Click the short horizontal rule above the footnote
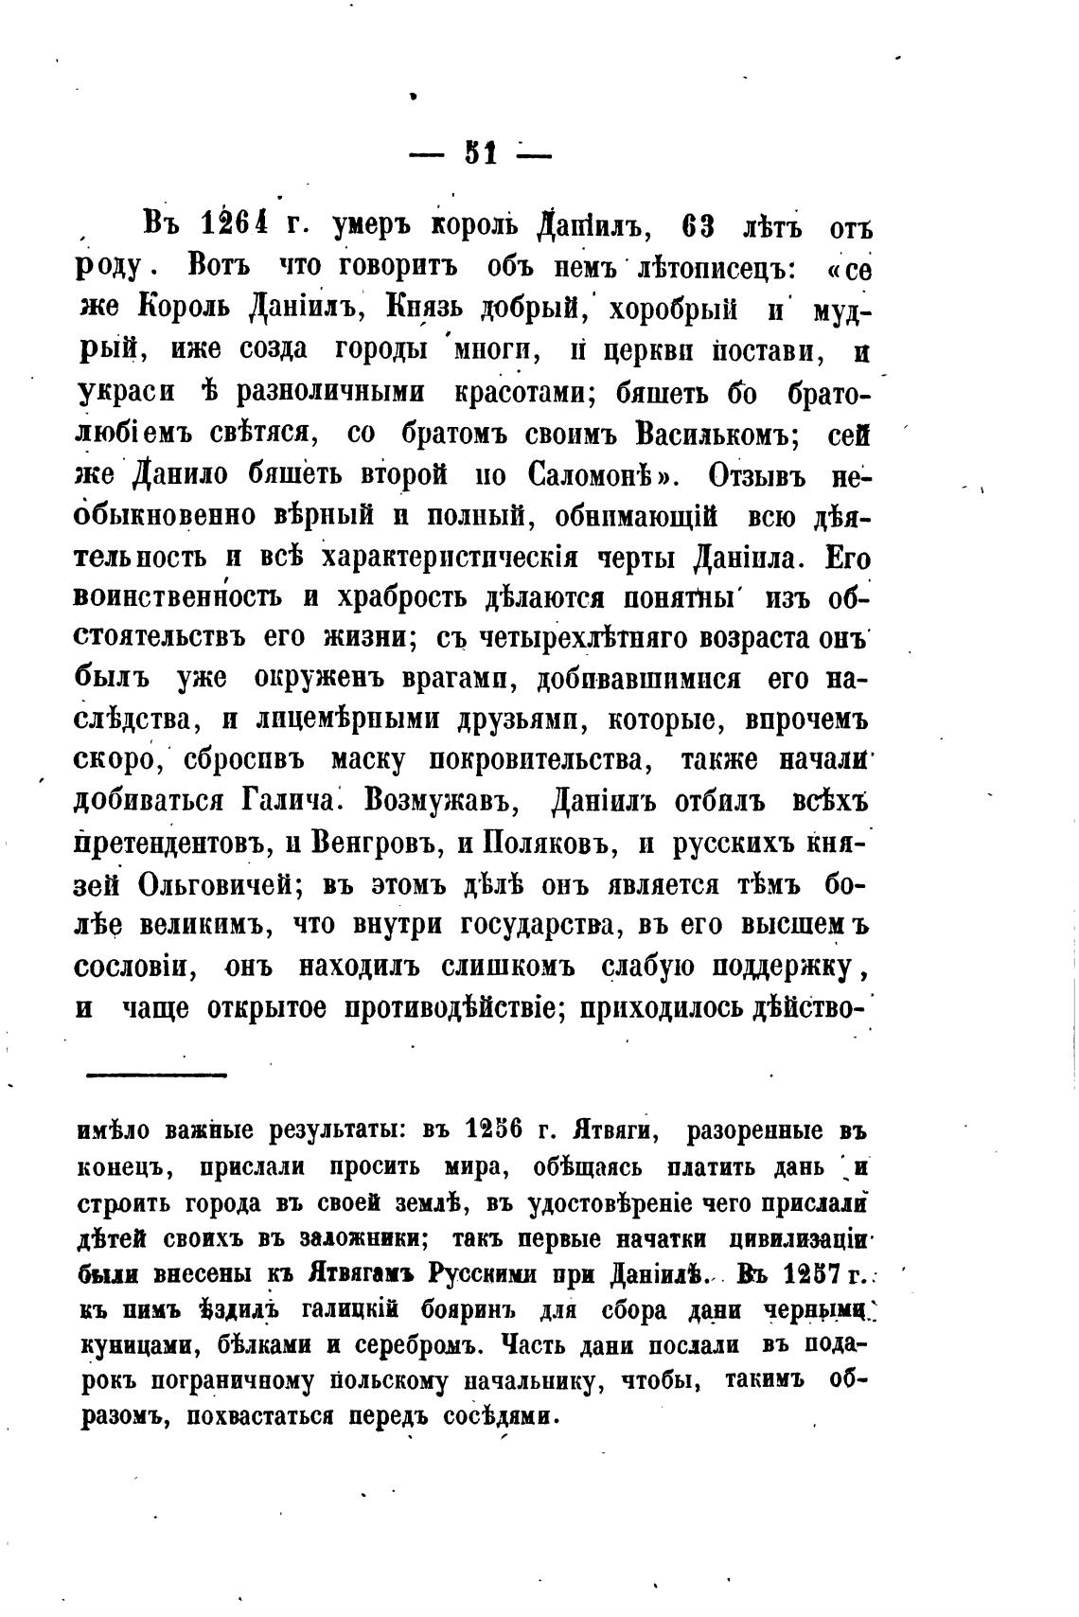click(157, 1074)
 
